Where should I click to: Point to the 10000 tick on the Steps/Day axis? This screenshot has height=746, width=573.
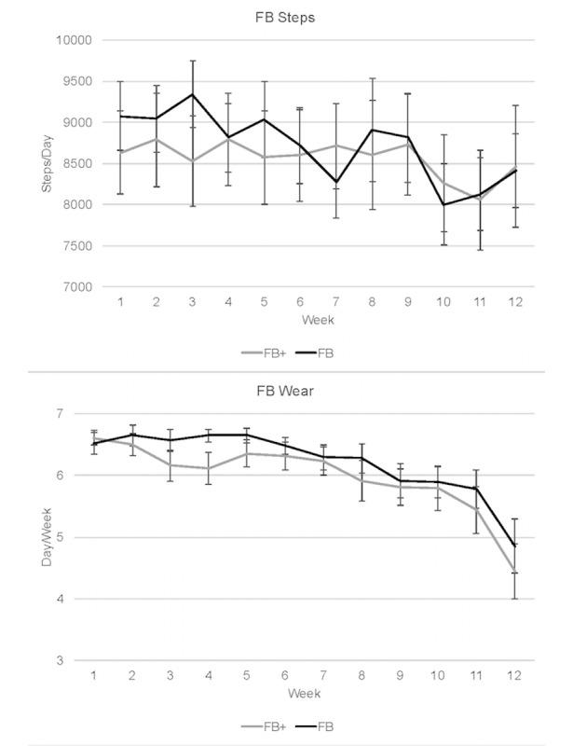pyautogui.click(x=75, y=40)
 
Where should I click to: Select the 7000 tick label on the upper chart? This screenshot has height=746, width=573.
pyautogui.click(x=78, y=287)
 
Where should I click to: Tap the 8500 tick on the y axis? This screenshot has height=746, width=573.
pyautogui.click(x=78, y=164)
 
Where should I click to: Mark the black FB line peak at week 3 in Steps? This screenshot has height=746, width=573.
pyautogui.click(x=193, y=94)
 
